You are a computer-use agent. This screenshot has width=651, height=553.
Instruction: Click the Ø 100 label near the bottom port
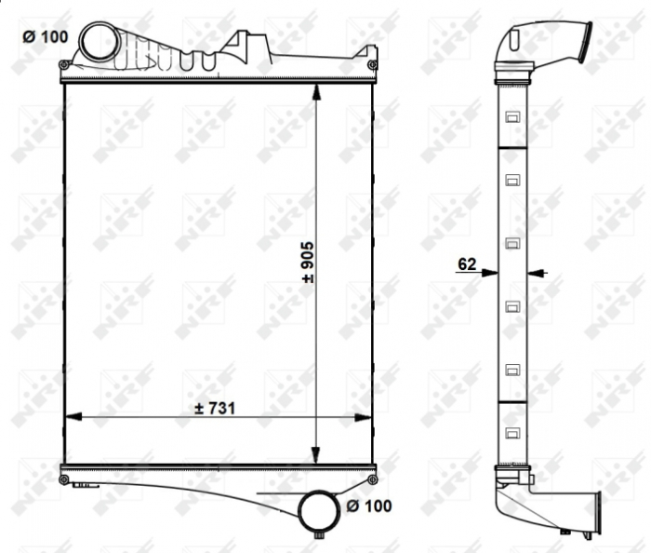[368, 506]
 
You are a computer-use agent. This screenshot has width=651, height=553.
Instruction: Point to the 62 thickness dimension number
[466, 265]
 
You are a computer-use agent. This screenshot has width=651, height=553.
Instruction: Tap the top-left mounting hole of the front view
[63, 65]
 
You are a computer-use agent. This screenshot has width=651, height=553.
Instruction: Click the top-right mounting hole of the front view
[372, 65]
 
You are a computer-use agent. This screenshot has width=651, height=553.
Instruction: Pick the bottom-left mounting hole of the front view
[63, 480]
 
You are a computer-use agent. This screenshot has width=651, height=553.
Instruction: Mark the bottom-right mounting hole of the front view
[372, 480]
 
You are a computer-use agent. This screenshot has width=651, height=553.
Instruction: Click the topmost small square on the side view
[511, 116]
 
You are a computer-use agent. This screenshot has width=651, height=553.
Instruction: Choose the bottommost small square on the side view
[511, 432]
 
